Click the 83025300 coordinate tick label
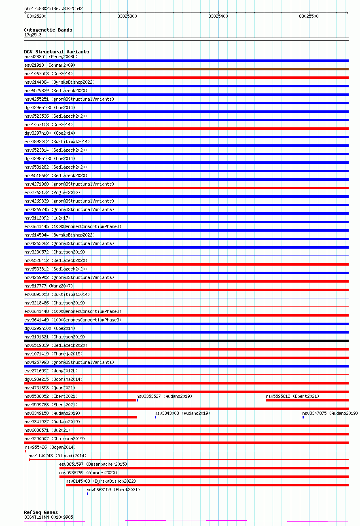pyautogui.click(x=127, y=16)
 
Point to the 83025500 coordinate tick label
pyautogui.click(x=309, y=16)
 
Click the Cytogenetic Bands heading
pyautogui.click(x=48, y=30)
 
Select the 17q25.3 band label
pyautogui.click(x=33, y=35)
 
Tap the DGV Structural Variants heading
pyautogui.click(x=56, y=52)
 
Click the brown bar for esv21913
pyautogui.click(x=186, y=69)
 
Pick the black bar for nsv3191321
pyautogui.click(x=186, y=341)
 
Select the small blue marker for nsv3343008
pyautogui.click(x=155, y=417)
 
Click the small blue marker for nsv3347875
pyautogui.click(x=303, y=417)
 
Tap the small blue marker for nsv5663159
pyautogui.click(x=87, y=494)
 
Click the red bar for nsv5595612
pyautogui.click(x=307, y=400)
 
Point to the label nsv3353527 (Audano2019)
pyautogui.click(x=164, y=396)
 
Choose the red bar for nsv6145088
pyautogui.click(x=207, y=485)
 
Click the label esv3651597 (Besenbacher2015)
pyautogui.click(x=93, y=464)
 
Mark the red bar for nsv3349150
pyautogui.click(x=80, y=417)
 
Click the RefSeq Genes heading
pyautogui.click(x=41, y=512)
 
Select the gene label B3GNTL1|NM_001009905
pyautogui.click(x=49, y=517)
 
